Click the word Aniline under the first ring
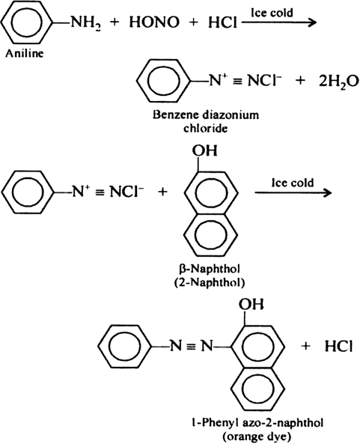click(x=25, y=53)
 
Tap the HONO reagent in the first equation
click(x=154, y=22)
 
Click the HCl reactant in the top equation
click(x=222, y=22)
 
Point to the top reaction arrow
click(x=278, y=22)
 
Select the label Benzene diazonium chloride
click(x=206, y=122)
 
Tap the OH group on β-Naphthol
click(x=204, y=150)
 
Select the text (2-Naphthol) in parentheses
click(x=210, y=282)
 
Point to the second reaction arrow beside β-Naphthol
click(x=293, y=193)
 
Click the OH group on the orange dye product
click(x=251, y=305)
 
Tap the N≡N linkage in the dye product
click(x=191, y=346)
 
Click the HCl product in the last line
click(x=338, y=346)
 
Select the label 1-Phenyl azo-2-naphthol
click(x=256, y=423)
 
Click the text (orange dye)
click(x=257, y=437)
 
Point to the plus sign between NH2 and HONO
click(x=115, y=22)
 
